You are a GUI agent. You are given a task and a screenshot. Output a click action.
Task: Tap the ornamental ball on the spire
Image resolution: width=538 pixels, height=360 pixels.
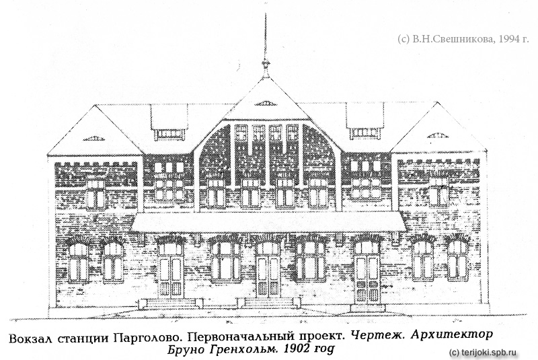(x=265, y=63)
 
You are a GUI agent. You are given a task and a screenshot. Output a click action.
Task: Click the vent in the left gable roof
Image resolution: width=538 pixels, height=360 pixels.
(x=93, y=139)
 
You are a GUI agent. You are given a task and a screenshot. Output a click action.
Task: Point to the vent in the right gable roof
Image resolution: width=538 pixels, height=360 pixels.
(x=438, y=135)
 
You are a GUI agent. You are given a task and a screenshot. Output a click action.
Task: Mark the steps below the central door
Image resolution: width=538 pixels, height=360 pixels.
(x=268, y=302)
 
